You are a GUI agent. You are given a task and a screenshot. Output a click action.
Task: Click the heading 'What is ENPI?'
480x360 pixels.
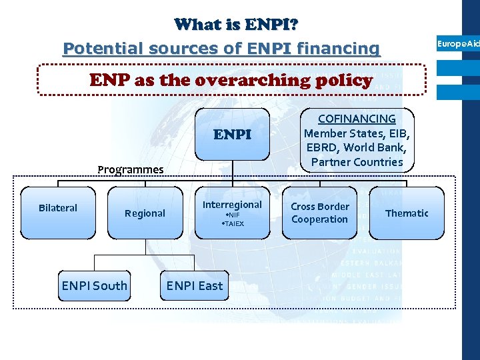(x=236, y=25)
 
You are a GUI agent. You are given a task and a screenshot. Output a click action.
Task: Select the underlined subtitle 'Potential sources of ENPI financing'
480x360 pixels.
(x=221, y=48)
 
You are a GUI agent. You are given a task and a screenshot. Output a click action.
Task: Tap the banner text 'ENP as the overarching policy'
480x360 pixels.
(x=231, y=81)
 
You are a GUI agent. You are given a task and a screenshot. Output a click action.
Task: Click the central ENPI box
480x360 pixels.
(x=232, y=135)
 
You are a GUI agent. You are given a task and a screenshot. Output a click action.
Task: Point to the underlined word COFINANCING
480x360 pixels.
(x=357, y=119)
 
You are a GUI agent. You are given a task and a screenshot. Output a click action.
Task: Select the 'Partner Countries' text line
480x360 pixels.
(x=357, y=162)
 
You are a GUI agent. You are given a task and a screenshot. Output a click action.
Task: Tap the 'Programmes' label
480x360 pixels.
(x=130, y=169)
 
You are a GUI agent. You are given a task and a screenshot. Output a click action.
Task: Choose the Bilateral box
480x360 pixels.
(x=58, y=212)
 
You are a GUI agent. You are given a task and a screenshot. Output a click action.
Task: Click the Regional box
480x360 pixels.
(x=145, y=213)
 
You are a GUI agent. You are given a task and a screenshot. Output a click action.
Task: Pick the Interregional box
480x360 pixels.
(x=232, y=212)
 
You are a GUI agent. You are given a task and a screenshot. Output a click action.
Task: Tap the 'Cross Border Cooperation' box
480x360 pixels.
(x=319, y=213)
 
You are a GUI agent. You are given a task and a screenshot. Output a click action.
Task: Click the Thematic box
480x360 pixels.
(x=407, y=213)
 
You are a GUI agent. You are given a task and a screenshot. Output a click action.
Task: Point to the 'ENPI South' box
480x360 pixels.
(x=94, y=286)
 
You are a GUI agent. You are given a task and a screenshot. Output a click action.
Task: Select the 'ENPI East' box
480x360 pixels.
(x=195, y=286)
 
